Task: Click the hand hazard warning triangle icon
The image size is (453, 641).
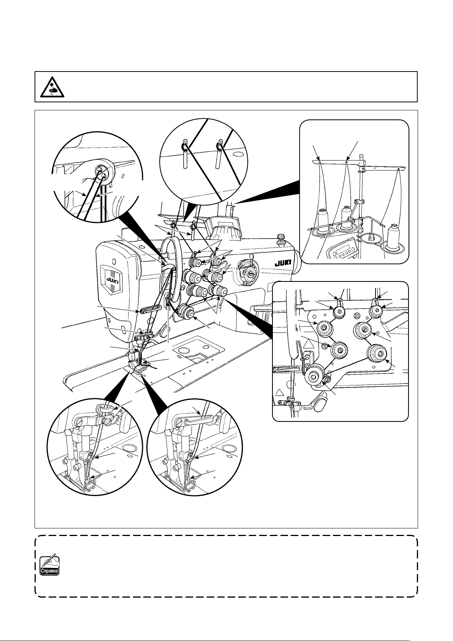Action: click(x=52, y=87)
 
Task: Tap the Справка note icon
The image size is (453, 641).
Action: click(x=49, y=565)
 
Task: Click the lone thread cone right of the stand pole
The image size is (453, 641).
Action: click(x=395, y=234)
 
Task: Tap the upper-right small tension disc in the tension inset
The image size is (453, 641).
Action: click(x=376, y=311)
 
